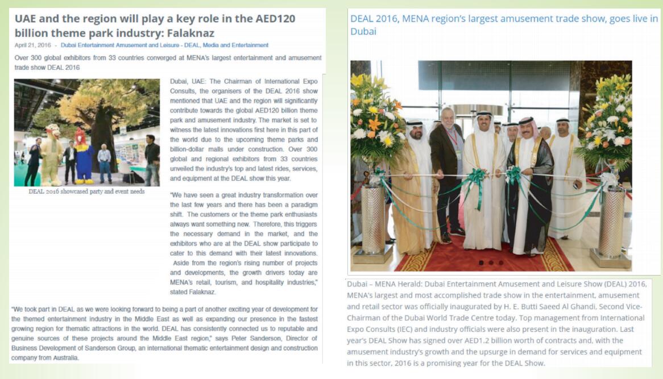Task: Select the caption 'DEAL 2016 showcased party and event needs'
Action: point(86,191)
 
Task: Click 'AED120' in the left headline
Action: point(275,18)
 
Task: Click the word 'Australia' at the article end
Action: point(63,358)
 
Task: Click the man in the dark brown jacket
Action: point(445,170)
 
